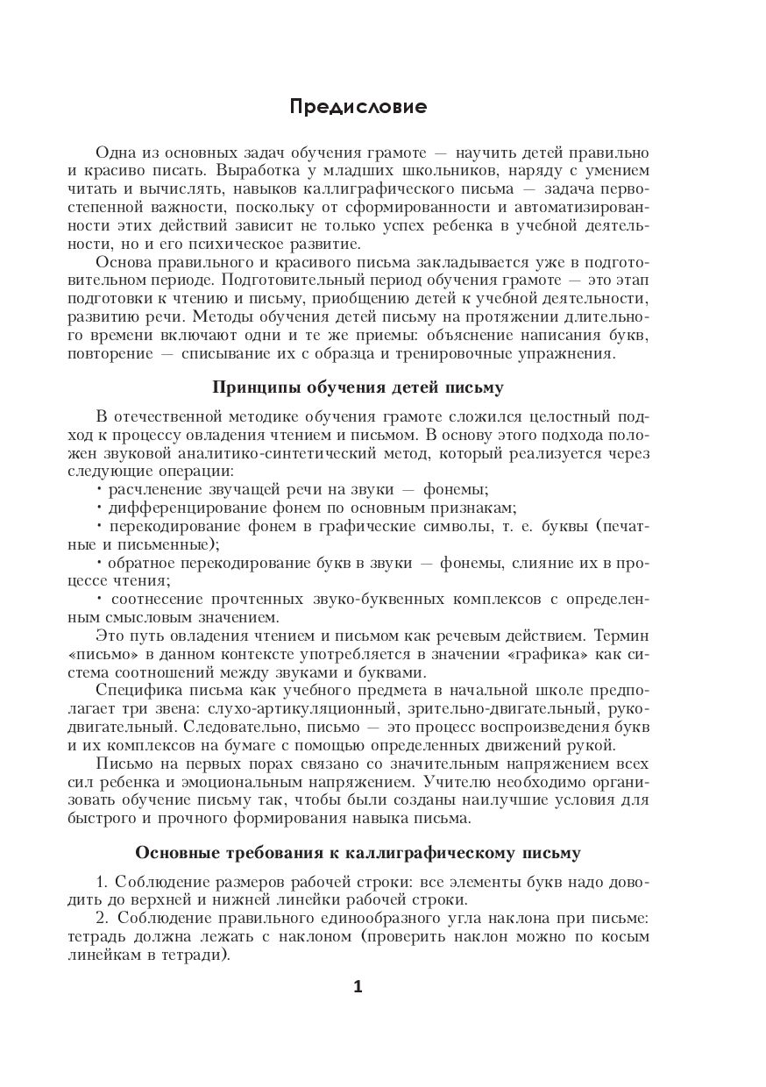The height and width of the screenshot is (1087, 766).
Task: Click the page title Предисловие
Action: (x=358, y=108)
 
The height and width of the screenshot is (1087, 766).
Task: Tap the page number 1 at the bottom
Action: (x=358, y=986)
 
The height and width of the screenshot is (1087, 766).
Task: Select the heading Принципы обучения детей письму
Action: (x=358, y=387)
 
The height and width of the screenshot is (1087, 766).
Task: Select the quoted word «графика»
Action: (x=543, y=655)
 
